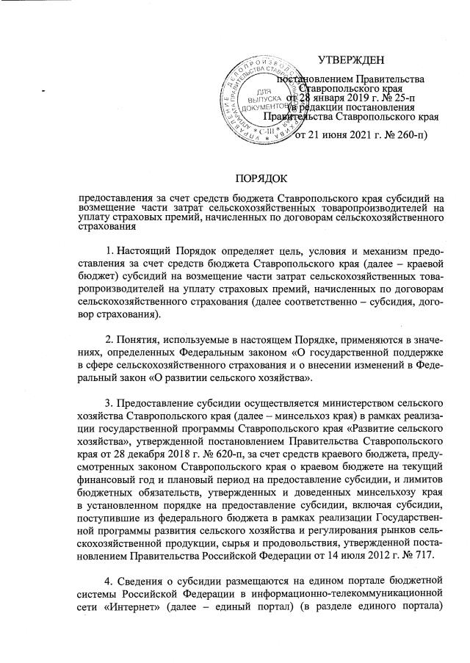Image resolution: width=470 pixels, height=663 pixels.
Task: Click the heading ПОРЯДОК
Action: pos(261,178)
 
